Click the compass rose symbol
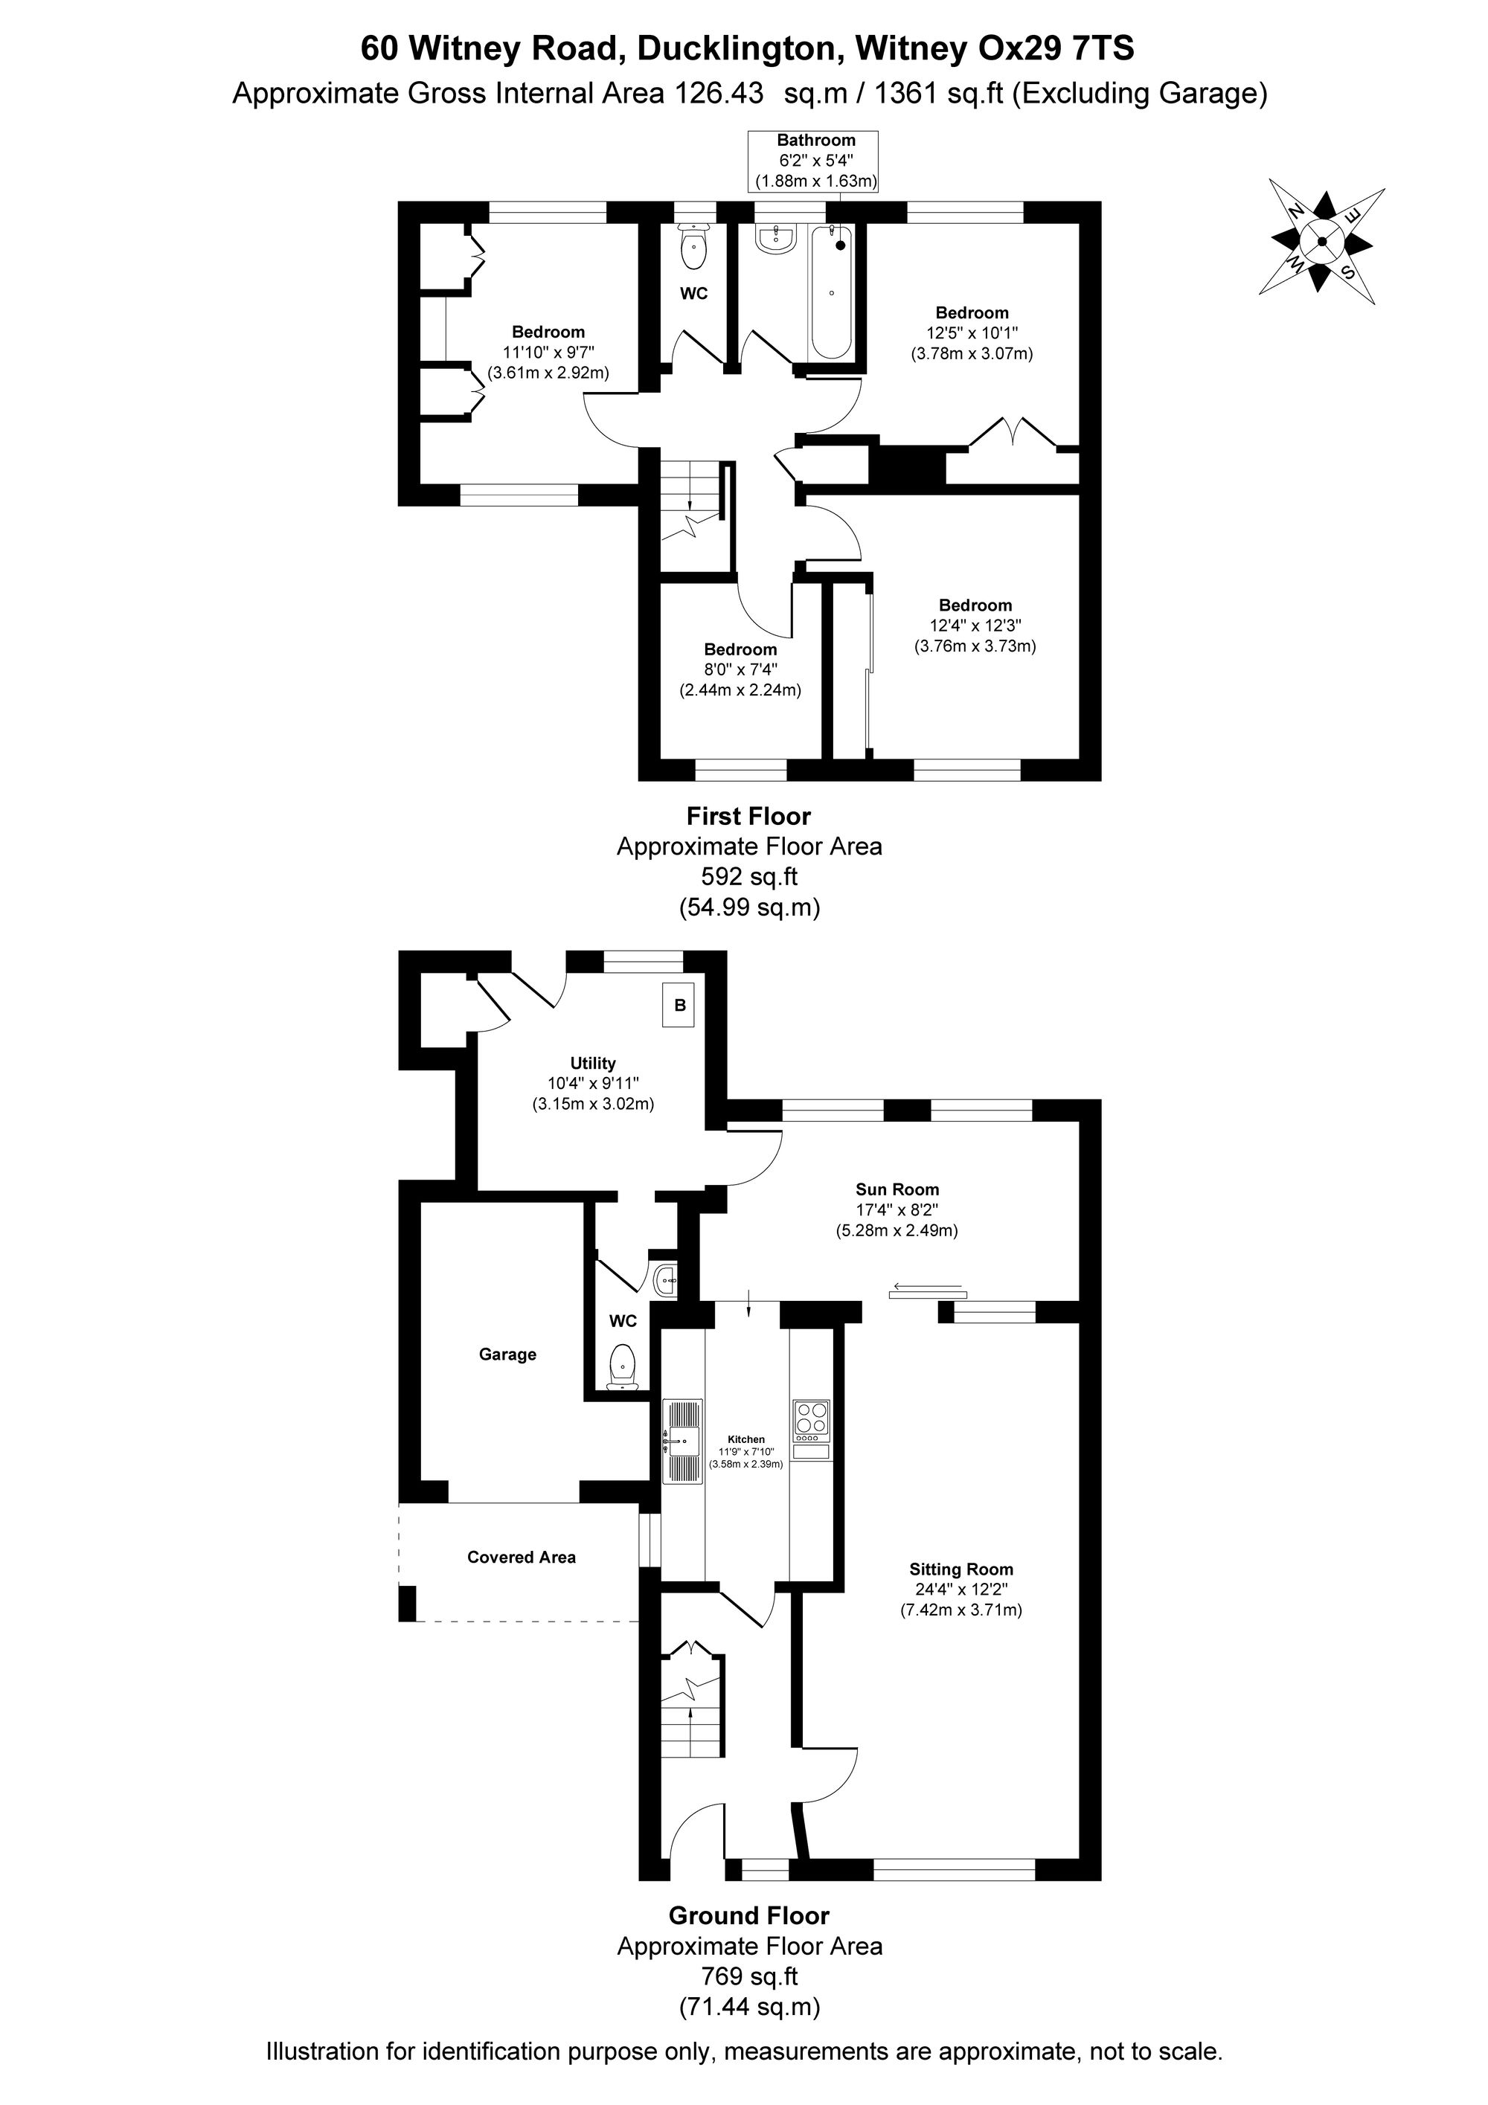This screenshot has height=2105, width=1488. [x=1321, y=242]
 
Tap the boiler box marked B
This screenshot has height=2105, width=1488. [x=679, y=1005]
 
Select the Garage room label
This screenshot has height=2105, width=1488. [x=507, y=1354]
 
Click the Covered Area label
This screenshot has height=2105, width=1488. [x=522, y=1557]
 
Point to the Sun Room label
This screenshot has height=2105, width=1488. [x=897, y=1190]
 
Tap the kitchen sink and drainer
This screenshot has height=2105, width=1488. [x=682, y=1440]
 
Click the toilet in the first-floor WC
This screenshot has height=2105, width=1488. [x=694, y=245]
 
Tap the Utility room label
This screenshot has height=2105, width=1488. [x=592, y=1063]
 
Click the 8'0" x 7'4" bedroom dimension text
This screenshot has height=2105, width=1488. [x=741, y=669]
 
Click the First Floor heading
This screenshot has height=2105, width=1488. [x=749, y=816]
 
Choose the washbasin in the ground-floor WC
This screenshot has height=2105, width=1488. [x=667, y=1279]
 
